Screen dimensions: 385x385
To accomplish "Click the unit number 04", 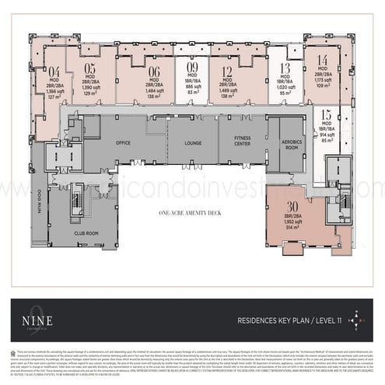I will tap(54, 70).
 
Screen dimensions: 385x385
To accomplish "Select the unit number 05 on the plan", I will tap(90, 67).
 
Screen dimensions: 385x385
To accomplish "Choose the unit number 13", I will tap(285, 68).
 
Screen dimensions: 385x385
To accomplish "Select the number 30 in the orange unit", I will tap(292, 206).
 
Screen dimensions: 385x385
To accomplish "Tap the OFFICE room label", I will tap(123, 143).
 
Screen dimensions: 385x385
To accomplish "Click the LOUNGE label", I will tap(193, 143).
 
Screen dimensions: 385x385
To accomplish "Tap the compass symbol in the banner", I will tap(356, 320).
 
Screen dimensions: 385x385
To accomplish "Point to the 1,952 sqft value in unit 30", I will tap(292, 222).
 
